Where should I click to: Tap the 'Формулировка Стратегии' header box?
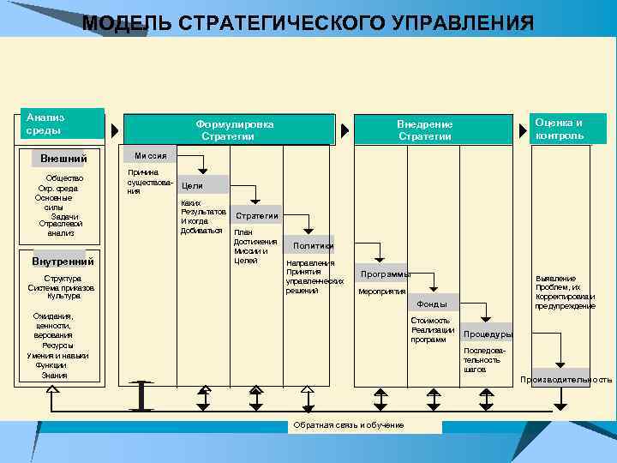(235, 130)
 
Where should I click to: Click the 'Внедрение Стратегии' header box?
(424, 130)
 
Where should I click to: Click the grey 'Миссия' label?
(150, 155)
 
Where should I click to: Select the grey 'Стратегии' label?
(257, 216)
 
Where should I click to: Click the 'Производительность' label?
(566, 379)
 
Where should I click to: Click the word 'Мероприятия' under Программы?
(381, 292)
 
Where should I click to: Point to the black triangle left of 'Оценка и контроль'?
(522, 131)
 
